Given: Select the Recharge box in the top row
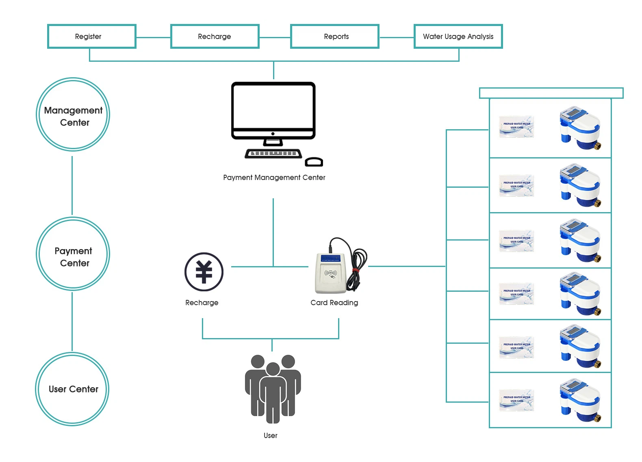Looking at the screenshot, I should point(215,37).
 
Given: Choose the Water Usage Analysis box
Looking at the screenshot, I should point(458,37).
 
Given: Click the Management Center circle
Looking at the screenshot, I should point(73,115).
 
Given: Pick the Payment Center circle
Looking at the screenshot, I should point(73,254).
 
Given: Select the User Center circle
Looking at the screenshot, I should point(73,389).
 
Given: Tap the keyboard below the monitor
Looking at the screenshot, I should point(273,154).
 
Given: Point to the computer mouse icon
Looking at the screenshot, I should point(314,162).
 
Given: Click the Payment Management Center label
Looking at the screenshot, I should point(274,178).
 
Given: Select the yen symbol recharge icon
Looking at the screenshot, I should point(204,272).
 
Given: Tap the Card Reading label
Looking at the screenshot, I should point(334,303).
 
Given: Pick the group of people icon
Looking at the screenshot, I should point(273,388).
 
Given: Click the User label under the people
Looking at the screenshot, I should point(270,436).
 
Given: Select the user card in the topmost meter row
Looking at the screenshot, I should point(516,126).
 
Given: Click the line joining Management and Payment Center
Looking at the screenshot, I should point(72,185).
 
